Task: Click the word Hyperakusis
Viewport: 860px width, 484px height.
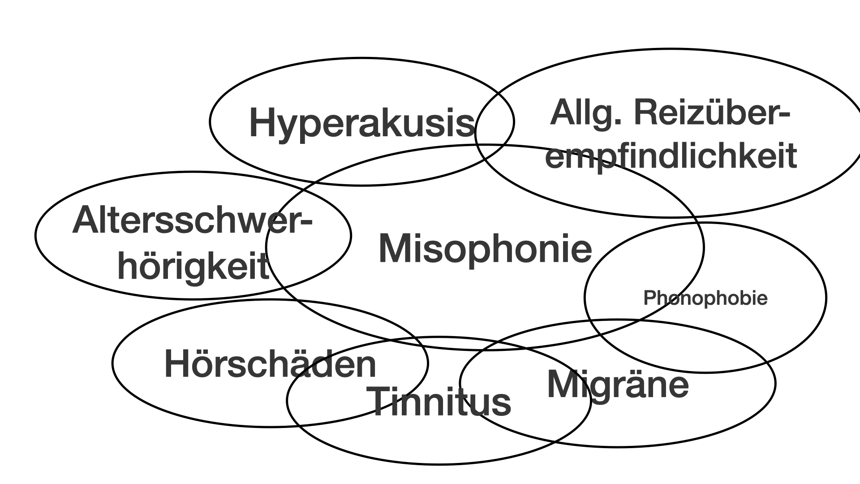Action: [x=361, y=122]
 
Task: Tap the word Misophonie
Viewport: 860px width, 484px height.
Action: [x=485, y=249]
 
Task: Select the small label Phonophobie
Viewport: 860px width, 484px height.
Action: [x=705, y=298]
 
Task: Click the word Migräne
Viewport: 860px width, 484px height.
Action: [x=618, y=385]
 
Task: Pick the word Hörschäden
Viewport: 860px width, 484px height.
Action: [x=271, y=364]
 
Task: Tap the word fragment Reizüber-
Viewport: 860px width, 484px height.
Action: [x=712, y=114]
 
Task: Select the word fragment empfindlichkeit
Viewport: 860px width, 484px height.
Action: [x=671, y=156]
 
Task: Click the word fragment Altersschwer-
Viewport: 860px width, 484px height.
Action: [x=192, y=221]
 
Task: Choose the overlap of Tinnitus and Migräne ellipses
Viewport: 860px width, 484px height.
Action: [x=524, y=394]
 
